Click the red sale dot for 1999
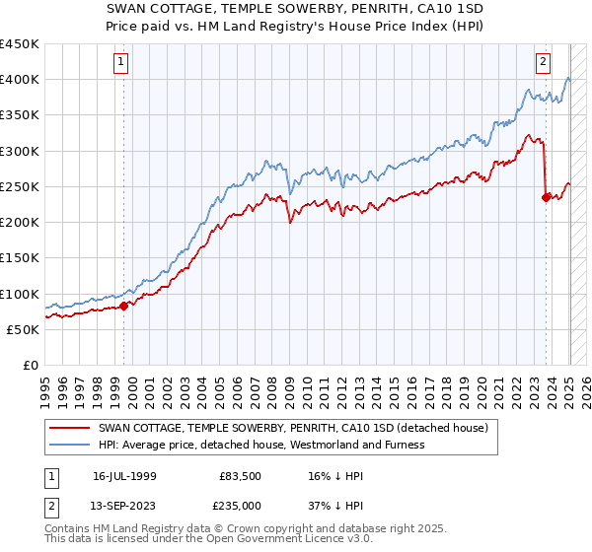coord(123,306)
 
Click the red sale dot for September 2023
coord(546,197)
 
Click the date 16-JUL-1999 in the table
coord(132,476)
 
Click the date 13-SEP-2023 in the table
coord(132,506)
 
